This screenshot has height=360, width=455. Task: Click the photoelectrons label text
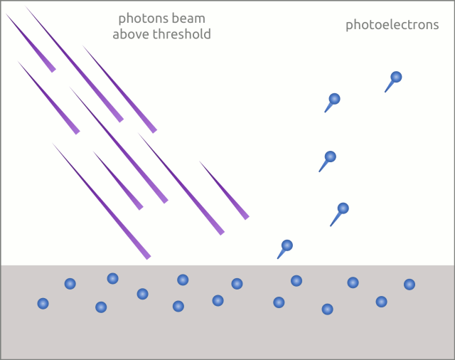tap(392, 26)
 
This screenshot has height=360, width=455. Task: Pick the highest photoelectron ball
tap(396, 77)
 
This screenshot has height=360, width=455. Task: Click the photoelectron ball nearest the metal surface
tap(287, 245)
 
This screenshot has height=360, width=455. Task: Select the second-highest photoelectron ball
tap(334, 99)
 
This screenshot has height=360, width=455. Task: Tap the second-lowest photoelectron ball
tap(343, 208)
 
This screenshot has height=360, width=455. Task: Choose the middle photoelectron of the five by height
tap(330, 157)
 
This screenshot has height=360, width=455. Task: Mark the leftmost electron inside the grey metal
tap(43, 304)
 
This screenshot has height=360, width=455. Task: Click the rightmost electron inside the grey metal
tap(409, 285)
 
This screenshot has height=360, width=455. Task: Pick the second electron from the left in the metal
tap(70, 284)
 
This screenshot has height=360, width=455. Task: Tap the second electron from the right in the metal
tap(381, 302)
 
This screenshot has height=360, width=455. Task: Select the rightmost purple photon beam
tap(224, 189)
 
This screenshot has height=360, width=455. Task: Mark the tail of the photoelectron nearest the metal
tap(280, 255)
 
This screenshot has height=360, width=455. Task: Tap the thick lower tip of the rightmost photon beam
tap(246, 216)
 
